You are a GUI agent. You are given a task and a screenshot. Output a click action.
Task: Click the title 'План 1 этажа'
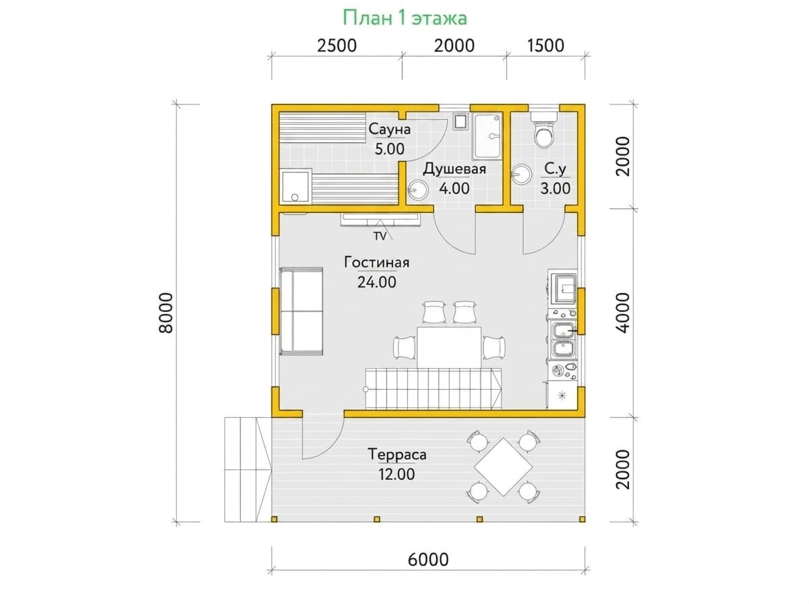pyautogui.click(x=404, y=18)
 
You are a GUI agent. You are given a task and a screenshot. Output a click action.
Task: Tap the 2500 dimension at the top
pyautogui.click(x=336, y=46)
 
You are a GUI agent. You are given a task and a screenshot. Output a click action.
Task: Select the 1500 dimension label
pyautogui.click(x=545, y=46)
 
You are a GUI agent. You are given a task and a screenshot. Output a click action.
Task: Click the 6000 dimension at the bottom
pyautogui.click(x=428, y=559)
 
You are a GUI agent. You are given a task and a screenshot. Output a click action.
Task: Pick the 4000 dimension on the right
pyautogui.click(x=622, y=313)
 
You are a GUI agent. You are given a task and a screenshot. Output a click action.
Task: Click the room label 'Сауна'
pyautogui.click(x=389, y=129)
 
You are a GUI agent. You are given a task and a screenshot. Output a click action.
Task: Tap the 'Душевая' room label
pyautogui.click(x=454, y=169)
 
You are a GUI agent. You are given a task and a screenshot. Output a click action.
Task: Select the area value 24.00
pyautogui.click(x=377, y=282)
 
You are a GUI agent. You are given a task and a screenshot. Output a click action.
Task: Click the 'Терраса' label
pyautogui.click(x=397, y=454)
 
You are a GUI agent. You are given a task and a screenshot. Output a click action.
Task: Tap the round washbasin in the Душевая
pyautogui.click(x=417, y=190)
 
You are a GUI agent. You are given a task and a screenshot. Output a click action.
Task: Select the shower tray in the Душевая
pyautogui.click(x=487, y=136)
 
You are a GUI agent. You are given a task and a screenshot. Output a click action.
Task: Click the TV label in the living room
pyautogui.click(x=380, y=236)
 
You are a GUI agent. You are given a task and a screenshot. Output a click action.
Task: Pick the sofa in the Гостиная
pyautogui.click(x=301, y=311)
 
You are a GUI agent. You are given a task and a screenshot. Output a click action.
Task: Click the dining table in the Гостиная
pyautogui.click(x=449, y=347)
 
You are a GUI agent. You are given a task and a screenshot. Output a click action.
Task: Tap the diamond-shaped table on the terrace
pyautogui.click(x=503, y=466)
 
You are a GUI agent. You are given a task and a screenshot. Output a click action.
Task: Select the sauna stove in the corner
pyautogui.click(x=295, y=187)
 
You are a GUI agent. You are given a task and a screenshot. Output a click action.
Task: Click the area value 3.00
pyautogui.click(x=555, y=189)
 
